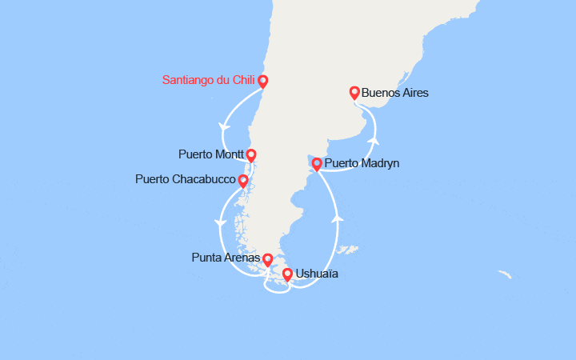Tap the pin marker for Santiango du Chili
coord(262,82)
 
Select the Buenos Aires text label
coord(394,93)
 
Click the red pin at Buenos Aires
coord(355,94)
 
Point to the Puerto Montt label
coord(211,154)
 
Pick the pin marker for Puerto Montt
coord(251,154)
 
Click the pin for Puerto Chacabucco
coord(243,181)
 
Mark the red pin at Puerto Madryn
coord(317,165)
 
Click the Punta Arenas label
coord(226,258)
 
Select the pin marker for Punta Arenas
coord(267,260)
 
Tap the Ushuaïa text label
coord(317,274)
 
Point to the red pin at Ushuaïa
coord(288,275)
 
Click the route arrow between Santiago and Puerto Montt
coord(221,126)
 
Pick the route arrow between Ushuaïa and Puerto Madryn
coord(338,216)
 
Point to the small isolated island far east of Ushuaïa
coord(504,275)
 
